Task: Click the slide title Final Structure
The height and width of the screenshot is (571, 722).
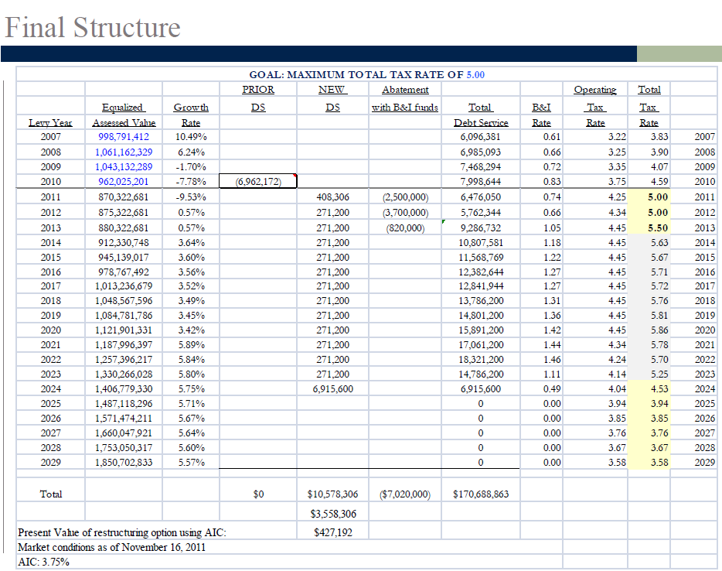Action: [x=93, y=28]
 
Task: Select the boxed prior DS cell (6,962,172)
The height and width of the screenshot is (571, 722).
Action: [x=258, y=182]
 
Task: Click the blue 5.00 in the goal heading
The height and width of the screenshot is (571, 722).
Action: [x=475, y=74]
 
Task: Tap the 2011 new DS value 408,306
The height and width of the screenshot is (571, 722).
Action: [x=332, y=197]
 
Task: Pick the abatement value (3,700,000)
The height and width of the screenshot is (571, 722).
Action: [x=405, y=213]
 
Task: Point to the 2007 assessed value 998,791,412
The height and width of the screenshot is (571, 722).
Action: [x=124, y=137]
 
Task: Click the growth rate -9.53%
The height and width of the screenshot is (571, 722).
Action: [x=191, y=197]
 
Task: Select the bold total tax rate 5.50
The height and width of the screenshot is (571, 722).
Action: [x=658, y=228]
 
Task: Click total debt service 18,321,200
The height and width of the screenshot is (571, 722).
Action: [x=481, y=360]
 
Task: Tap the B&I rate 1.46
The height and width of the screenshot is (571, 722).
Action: [x=552, y=360]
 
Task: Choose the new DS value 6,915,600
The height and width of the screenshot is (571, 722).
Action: [x=332, y=389]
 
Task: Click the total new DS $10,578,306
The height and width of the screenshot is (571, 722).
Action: [x=332, y=494]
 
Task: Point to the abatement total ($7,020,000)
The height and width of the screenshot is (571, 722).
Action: [x=405, y=494]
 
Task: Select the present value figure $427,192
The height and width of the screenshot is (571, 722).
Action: [x=333, y=533]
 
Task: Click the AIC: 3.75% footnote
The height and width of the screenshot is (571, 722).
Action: [x=43, y=562]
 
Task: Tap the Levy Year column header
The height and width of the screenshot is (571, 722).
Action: [x=50, y=123]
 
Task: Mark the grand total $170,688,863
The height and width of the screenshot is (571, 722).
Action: [x=481, y=494]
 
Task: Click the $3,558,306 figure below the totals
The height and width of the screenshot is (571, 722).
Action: [x=333, y=514]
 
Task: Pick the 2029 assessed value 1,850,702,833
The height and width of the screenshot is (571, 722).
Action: [x=124, y=462]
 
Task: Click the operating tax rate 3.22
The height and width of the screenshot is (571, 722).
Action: [x=617, y=137]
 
